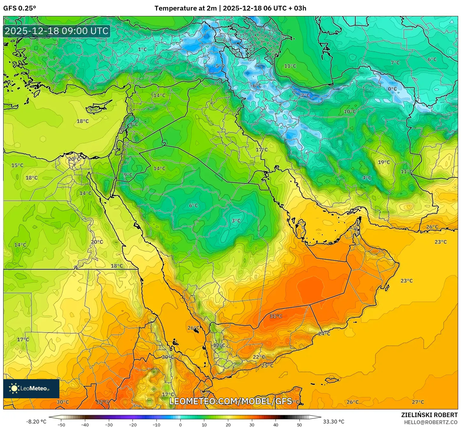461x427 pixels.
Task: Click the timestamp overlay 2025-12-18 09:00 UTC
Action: click(57, 31)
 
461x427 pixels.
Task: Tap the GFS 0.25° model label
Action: click(19, 8)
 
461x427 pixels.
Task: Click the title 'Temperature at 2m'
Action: click(185, 8)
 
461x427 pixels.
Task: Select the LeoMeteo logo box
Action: click(31, 388)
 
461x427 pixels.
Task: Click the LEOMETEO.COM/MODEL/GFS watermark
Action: click(230, 401)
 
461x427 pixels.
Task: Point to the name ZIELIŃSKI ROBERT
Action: click(429, 415)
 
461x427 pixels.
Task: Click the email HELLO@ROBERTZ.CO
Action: click(431, 422)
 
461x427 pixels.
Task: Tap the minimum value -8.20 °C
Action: click(36, 422)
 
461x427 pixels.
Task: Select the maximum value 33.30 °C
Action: click(334, 422)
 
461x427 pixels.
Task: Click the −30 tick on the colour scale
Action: click(109, 425)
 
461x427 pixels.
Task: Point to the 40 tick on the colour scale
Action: click(276, 425)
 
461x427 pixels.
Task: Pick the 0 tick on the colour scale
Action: click(180, 425)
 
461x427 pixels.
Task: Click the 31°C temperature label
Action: click(276, 316)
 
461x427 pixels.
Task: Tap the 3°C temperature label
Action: click(236, 221)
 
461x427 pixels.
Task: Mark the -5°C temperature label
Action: click(219, 66)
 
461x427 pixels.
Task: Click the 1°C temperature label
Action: click(142, 49)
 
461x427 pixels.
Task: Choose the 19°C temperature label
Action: click(384, 162)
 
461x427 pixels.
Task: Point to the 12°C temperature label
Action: click(219, 345)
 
